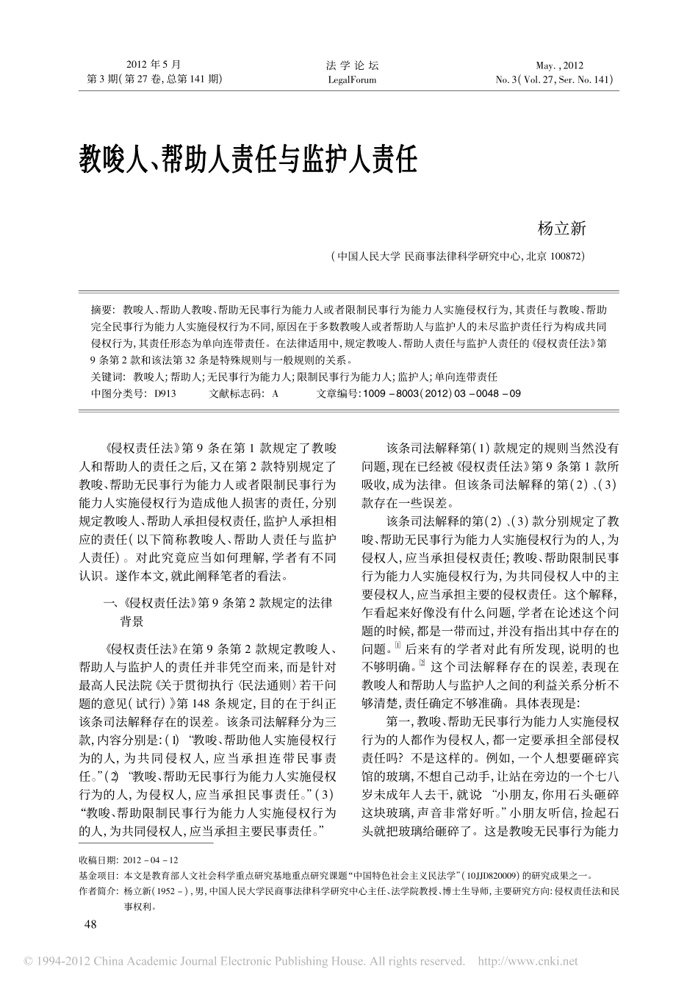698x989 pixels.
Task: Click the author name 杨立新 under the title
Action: point(562,229)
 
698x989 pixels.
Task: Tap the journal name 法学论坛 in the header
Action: point(350,65)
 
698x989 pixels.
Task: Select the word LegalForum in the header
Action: point(350,80)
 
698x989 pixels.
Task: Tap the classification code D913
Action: point(165,393)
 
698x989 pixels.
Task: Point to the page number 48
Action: point(91,924)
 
